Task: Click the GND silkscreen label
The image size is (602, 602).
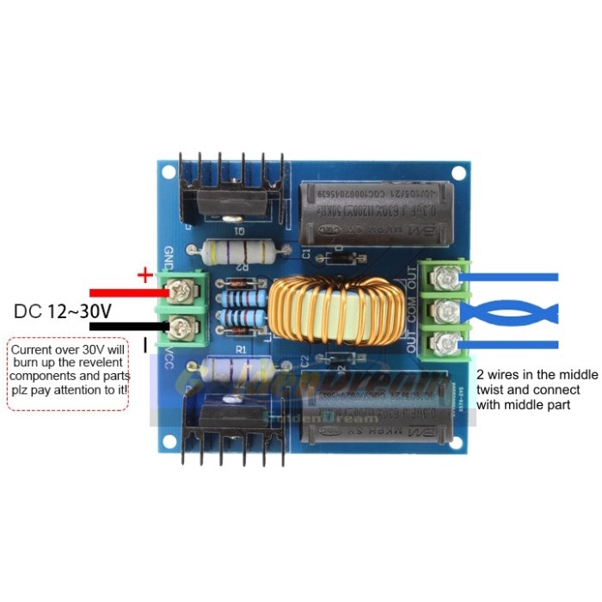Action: pyautogui.click(x=169, y=257)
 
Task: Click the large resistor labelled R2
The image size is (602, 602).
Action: pyautogui.click(x=242, y=251)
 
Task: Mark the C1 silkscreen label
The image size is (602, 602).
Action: pyautogui.click(x=306, y=250)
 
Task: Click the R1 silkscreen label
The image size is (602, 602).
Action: pyautogui.click(x=242, y=350)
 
